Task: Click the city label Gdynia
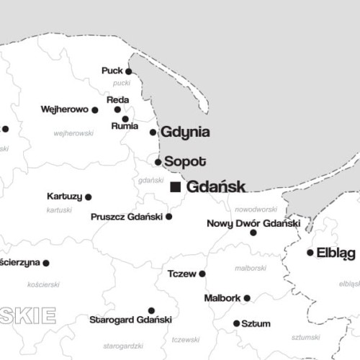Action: [185, 132]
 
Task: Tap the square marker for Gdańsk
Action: [175, 187]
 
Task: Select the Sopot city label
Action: [185, 161]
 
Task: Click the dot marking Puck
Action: [128, 71]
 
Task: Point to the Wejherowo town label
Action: [64, 110]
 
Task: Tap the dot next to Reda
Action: [117, 110]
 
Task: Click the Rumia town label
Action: [125, 126]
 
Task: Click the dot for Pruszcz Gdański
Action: [169, 216]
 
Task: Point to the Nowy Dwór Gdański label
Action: [253, 223]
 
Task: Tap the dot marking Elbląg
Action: [310, 253]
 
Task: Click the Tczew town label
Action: [181, 274]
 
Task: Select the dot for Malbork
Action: [247, 298]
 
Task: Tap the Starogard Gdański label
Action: [130, 319]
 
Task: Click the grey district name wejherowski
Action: [73, 133]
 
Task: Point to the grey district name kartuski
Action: [59, 210]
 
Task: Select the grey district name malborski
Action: [251, 268]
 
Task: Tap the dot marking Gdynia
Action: [153, 132]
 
